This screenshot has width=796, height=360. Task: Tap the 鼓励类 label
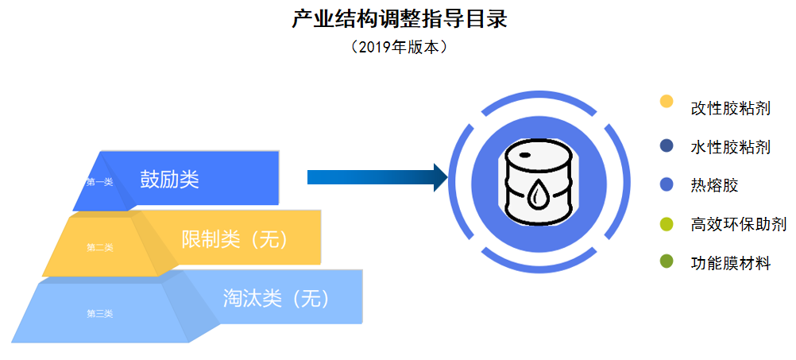(x=169, y=179)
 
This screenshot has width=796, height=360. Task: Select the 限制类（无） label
(x=234, y=238)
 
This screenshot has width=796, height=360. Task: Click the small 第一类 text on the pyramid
(x=100, y=182)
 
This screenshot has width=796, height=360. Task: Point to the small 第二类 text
(x=100, y=247)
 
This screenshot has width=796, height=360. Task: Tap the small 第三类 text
(x=100, y=313)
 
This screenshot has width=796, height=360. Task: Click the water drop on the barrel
(x=538, y=193)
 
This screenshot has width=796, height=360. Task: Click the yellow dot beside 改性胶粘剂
(x=667, y=102)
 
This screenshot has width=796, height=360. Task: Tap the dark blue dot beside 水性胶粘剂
(x=667, y=145)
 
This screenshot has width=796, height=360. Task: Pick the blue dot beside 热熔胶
(x=667, y=184)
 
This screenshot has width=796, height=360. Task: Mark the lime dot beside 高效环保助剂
(x=667, y=224)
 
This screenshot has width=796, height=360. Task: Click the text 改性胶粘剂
(x=730, y=108)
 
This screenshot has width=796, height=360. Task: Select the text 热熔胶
(x=714, y=186)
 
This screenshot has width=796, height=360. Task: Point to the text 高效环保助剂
(x=738, y=225)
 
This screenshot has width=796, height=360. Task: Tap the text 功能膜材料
(x=730, y=264)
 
